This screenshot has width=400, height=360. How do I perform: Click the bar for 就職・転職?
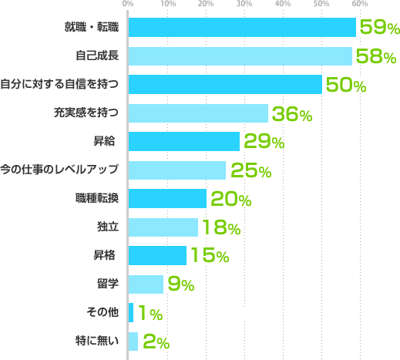click(242, 28)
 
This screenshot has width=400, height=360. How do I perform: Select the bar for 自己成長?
click(240, 56)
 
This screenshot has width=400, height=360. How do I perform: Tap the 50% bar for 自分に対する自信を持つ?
click(225, 85)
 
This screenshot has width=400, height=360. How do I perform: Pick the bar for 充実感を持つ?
click(198, 113)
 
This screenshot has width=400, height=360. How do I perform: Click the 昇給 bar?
click(184, 142)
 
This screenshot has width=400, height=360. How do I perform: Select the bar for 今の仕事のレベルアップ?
click(176, 170)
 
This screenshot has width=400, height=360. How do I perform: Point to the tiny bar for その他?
click(131, 313)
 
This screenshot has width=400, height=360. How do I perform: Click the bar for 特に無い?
click(133, 341)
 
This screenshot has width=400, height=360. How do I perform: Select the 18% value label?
click(220, 228)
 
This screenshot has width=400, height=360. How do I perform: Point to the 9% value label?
click(180, 285)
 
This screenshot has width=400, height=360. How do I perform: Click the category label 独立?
click(107, 227)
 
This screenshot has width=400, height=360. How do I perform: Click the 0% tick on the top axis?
click(128, 5)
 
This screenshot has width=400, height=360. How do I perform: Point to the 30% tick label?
click(244, 5)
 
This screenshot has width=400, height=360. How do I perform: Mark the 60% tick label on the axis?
click(358, 5)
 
